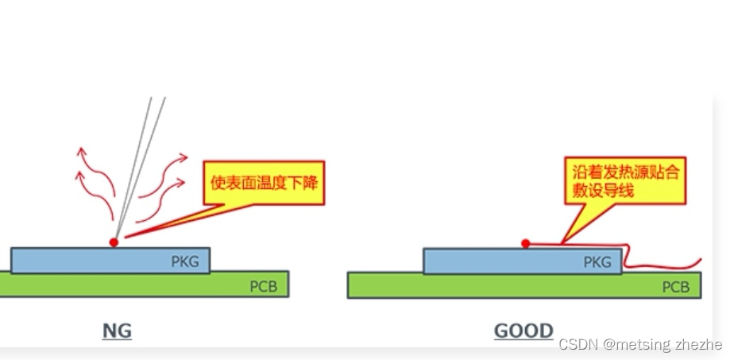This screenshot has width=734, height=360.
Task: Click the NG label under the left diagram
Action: click(x=117, y=330)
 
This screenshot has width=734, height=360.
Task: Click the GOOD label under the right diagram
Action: click(x=523, y=331)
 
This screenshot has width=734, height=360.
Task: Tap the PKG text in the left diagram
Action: click(x=186, y=261)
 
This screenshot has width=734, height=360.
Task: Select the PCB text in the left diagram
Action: click(x=264, y=286)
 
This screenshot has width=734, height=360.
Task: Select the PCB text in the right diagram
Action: click(x=676, y=286)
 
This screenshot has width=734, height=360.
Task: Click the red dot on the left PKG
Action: click(x=114, y=242)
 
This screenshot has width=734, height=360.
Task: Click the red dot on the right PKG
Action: click(x=525, y=243)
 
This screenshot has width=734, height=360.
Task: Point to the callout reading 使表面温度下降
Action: click(x=265, y=183)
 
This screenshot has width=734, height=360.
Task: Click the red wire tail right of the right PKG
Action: click(x=667, y=262)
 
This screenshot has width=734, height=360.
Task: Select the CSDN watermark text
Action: click(x=639, y=345)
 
